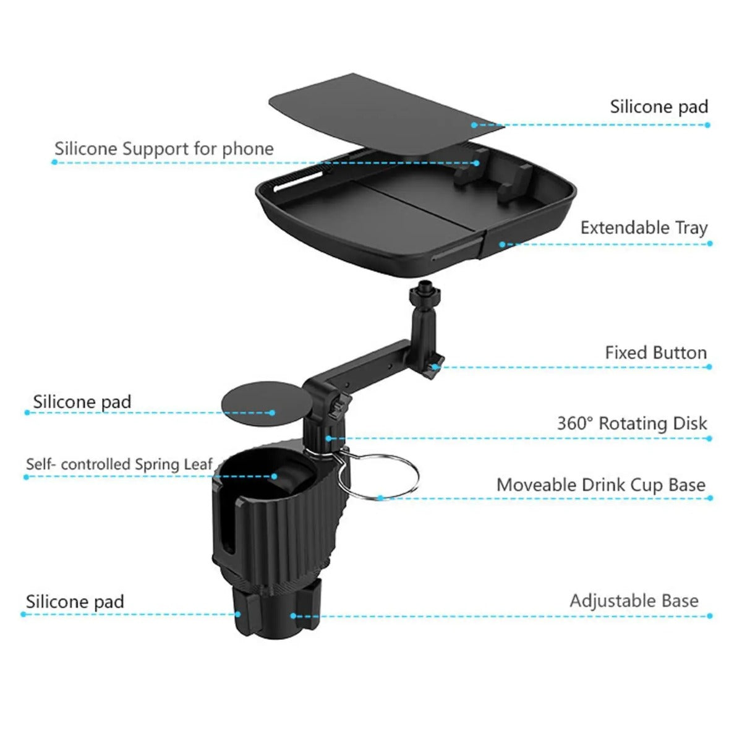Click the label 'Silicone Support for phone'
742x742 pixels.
(x=164, y=149)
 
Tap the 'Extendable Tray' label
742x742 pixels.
(x=644, y=228)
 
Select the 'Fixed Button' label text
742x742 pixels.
(x=655, y=353)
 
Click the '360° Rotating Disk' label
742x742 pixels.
(x=632, y=424)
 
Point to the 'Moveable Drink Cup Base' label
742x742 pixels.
(x=601, y=485)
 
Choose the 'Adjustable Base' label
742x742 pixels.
(x=634, y=601)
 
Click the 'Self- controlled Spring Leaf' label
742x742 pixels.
(x=119, y=464)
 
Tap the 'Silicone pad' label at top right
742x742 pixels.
(x=659, y=107)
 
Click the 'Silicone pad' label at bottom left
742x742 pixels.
(x=75, y=602)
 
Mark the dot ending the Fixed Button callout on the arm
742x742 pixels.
(x=435, y=367)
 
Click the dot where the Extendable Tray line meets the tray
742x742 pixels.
(x=502, y=244)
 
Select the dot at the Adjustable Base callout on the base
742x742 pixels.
(x=294, y=616)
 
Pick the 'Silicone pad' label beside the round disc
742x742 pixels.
(x=82, y=402)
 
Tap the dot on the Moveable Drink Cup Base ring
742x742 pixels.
(x=380, y=497)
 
